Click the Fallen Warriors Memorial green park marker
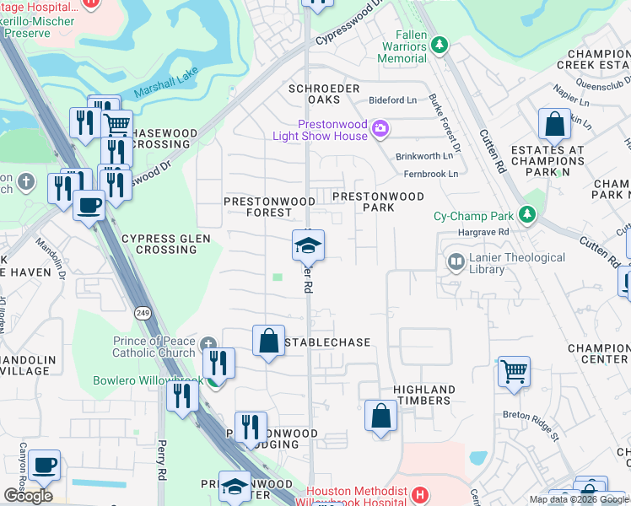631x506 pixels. tap(439, 47)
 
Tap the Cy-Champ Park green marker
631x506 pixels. tap(528, 215)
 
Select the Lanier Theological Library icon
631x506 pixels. tap(456, 262)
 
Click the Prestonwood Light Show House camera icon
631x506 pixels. tap(380, 128)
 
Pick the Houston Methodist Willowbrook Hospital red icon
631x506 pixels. tap(420, 494)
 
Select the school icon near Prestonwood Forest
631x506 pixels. tap(308, 245)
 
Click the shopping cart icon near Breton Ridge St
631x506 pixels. tap(514, 370)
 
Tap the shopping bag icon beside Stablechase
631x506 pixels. tap(268, 341)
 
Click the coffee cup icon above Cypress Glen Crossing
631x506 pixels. tap(89, 203)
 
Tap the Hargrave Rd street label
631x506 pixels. tap(484, 231)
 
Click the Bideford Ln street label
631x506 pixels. tap(393, 100)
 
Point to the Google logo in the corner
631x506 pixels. tap(28, 496)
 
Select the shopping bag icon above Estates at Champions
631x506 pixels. tap(555, 125)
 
